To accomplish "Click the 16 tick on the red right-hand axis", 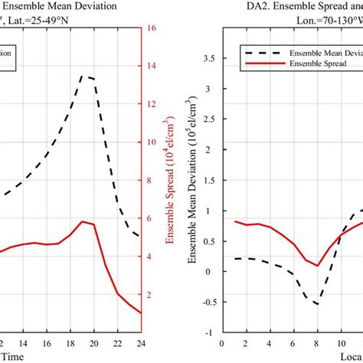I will pyautogui.click(x=152, y=28).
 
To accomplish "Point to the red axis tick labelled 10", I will pyautogui.click(x=152, y=143).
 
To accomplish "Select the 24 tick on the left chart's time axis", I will pyautogui.click(x=141, y=344).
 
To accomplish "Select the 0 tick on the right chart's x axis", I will pyautogui.click(x=221, y=344).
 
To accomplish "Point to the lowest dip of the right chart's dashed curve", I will pyautogui.click(x=316, y=305).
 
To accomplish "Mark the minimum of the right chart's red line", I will pyautogui.click(x=317, y=266).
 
